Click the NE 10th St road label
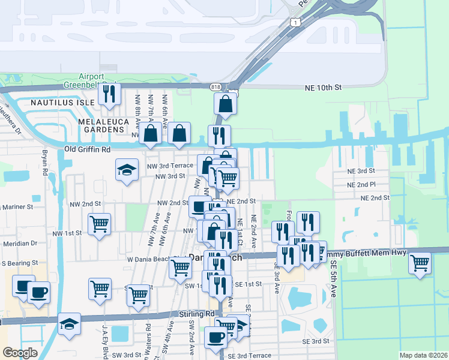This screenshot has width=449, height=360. [x=322, y=87]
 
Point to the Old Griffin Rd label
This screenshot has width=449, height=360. [x=88, y=149]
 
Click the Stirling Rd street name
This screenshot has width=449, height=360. [x=196, y=314]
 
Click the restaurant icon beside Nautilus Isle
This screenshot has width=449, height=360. [x=109, y=94]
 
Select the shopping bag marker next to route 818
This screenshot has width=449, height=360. [x=225, y=103]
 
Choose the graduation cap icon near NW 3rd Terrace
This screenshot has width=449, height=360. [x=127, y=170]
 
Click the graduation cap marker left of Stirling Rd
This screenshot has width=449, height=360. [x=70, y=323]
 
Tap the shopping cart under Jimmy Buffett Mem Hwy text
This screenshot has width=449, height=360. [x=420, y=262]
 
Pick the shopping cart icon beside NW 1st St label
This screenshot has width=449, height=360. [x=99, y=224]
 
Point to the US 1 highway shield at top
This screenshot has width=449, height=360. [x=295, y=22]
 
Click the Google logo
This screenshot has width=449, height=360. [x=20, y=353]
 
